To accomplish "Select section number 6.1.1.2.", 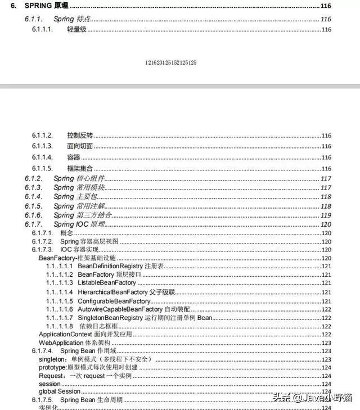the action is click(42, 136).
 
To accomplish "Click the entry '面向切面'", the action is click(79, 146).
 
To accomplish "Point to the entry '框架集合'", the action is click(79, 169).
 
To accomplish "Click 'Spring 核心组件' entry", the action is click(79, 178).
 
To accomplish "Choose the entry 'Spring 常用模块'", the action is click(79, 187).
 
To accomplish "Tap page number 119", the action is click(326, 215).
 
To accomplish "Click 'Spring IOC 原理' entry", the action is click(79, 224).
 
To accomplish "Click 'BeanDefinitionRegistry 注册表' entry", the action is click(120, 265).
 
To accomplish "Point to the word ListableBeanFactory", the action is click(107, 282).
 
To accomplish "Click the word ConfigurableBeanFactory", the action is click(114, 301).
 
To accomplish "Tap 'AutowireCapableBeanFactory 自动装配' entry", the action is click(133, 310).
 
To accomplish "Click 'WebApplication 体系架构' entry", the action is click(74, 343).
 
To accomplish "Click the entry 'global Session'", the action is click(59, 391).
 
